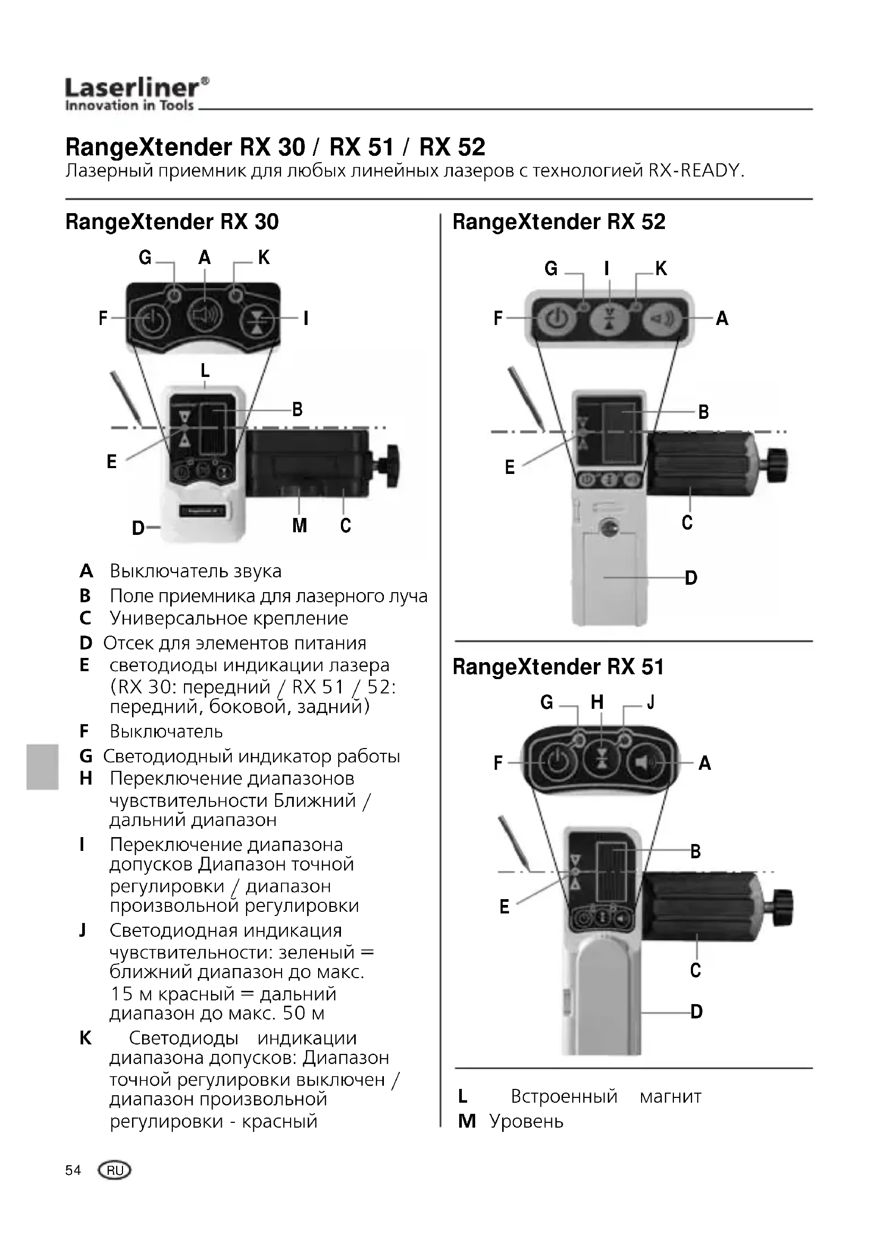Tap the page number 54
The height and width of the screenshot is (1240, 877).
73,1170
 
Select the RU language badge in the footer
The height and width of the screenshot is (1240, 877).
115,1171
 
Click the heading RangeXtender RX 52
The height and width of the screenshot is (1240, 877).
559,222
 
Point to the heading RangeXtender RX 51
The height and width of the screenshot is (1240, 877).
558,667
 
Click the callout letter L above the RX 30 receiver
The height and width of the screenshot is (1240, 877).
205,371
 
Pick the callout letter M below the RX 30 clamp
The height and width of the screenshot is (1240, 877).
299,525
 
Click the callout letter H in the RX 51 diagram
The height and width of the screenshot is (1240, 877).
597,702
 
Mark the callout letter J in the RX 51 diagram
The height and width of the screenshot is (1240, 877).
651,702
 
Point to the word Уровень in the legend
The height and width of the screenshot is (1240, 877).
527,1121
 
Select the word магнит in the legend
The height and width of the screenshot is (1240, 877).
670,1096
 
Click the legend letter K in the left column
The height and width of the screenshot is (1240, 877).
85,1037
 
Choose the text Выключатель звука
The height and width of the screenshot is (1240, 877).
196,571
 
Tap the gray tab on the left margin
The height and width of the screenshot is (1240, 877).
42,767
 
